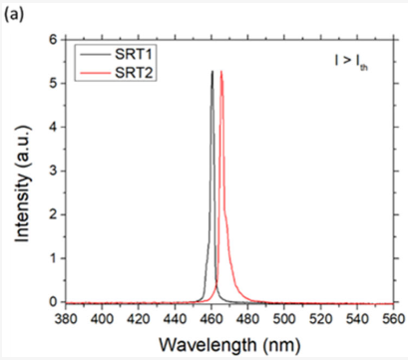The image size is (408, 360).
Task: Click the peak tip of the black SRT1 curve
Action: [211, 72]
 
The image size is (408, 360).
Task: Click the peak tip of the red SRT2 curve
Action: [221, 72]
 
